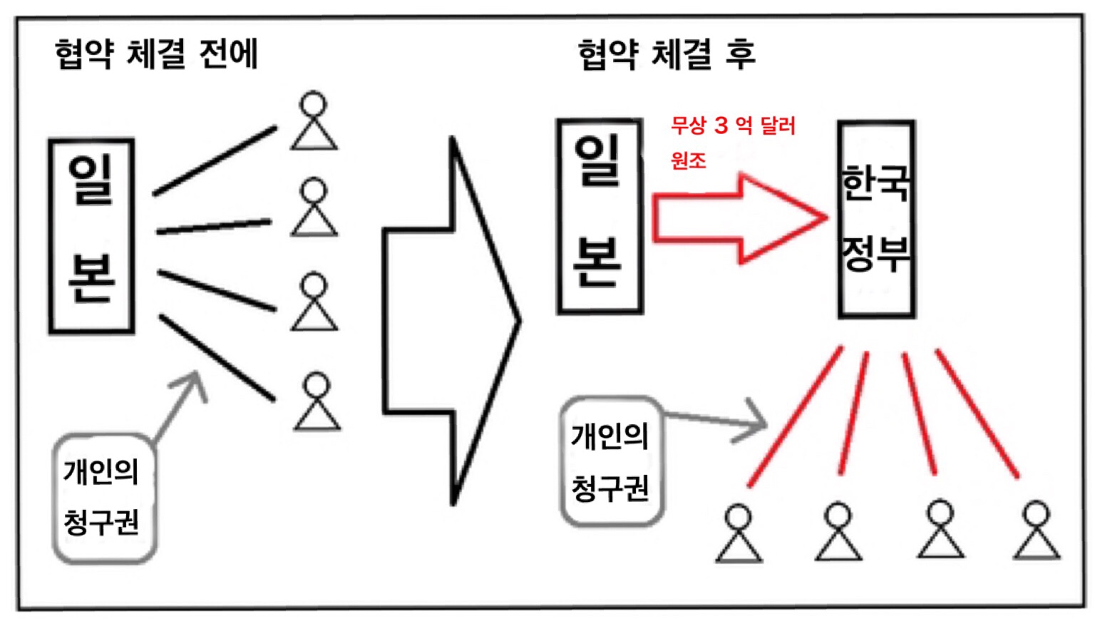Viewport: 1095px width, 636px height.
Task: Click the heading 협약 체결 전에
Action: [156, 53]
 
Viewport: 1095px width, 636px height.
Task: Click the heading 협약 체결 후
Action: [667, 53]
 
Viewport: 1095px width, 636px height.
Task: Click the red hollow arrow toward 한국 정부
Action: [739, 218]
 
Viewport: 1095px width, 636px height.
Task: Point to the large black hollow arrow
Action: [451, 320]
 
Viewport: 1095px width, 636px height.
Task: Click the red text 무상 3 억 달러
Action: [734, 125]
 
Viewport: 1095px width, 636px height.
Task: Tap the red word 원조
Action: [688, 160]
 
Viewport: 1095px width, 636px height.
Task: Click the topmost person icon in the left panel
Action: [314, 120]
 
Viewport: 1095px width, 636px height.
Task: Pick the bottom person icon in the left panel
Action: [317, 401]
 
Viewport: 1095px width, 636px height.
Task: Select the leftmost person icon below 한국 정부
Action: [738, 533]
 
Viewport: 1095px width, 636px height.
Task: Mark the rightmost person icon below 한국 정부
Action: [1037, 530]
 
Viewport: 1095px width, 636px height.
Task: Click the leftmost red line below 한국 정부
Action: [795, 416]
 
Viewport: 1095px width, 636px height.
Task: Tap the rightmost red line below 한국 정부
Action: [977, 414]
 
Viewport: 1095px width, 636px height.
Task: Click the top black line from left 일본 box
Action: [215, 161]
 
